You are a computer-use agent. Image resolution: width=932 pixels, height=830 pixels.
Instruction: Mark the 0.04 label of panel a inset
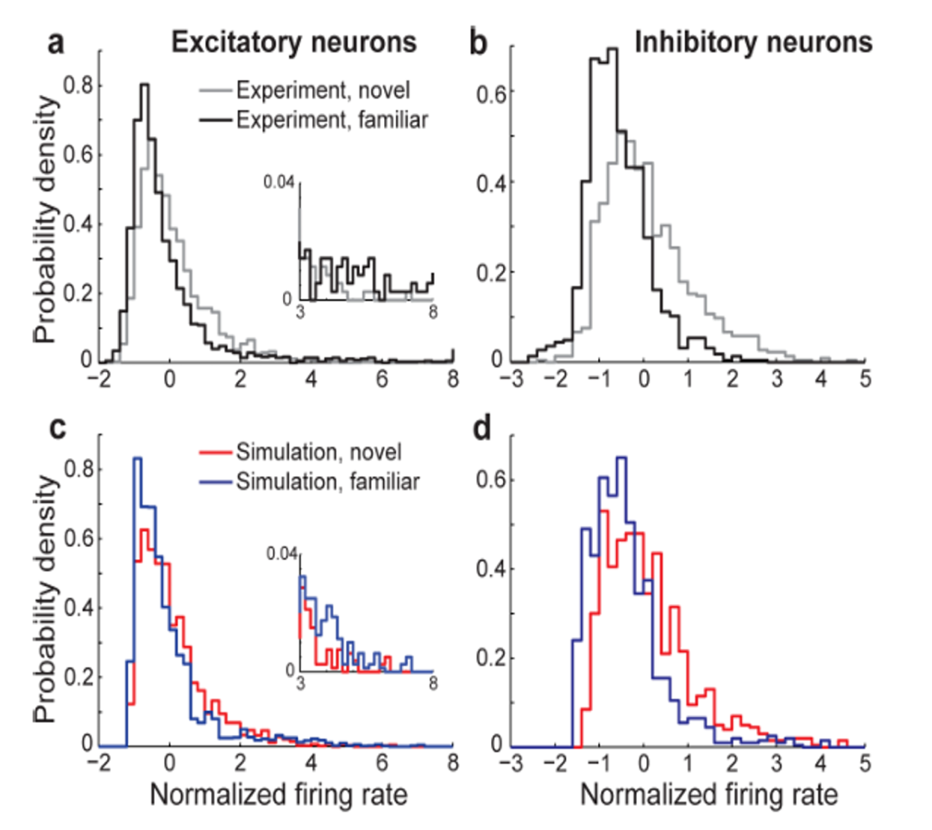click(285, 182)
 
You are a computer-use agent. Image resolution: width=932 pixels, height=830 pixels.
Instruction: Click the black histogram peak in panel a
click(145, 85)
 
